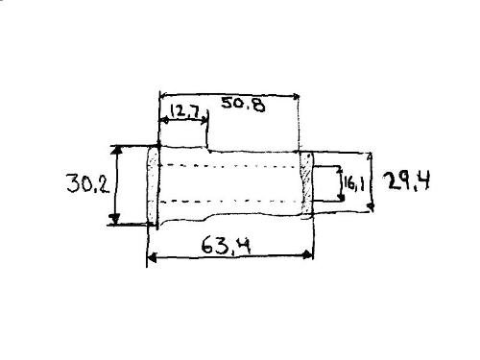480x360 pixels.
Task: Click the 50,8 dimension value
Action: coord(243,105)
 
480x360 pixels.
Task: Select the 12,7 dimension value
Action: coord(185,111)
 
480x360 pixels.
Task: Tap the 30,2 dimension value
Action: coord(88,183)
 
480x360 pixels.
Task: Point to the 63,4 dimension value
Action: coord(227,246)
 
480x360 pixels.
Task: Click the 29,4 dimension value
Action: coord(407,181)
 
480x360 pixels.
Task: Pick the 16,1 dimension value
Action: coord(354,184)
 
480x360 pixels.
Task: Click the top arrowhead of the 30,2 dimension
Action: coord(116,150)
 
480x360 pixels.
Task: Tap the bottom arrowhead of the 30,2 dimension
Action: coord(114,219)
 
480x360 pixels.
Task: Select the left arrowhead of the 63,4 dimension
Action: coord(152,257)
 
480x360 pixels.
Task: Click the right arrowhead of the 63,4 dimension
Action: coord(308,255)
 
